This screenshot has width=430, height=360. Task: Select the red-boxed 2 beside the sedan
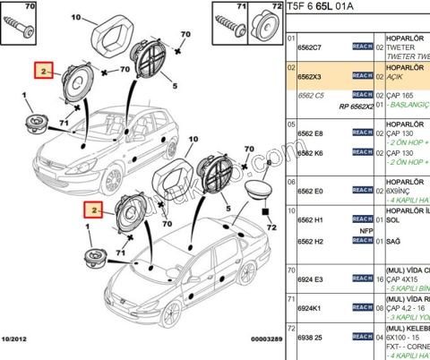point(92,210)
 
